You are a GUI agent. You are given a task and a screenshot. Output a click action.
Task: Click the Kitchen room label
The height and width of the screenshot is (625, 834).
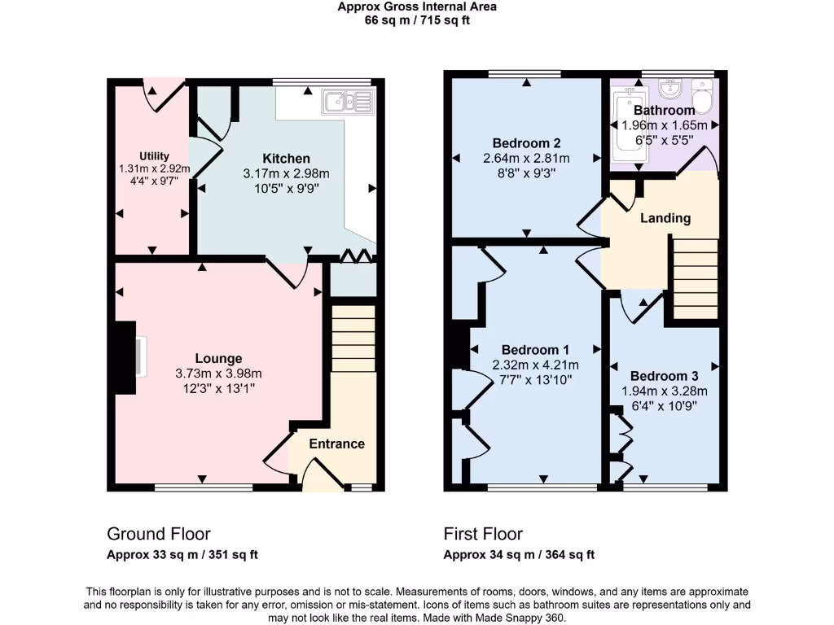point(286,158)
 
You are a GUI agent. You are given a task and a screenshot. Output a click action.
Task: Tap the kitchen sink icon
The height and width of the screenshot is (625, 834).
point(347,102)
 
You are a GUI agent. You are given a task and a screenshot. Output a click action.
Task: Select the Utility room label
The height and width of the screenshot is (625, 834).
point(154,156)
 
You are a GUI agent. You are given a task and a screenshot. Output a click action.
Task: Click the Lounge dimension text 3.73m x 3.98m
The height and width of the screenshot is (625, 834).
point(218,374)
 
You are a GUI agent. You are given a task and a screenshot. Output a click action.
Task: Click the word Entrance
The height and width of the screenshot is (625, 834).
point(336,444)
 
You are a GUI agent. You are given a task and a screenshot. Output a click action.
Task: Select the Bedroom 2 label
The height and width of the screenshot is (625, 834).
point(525,142)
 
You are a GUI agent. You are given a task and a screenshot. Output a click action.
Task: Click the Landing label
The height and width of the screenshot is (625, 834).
point(665,218)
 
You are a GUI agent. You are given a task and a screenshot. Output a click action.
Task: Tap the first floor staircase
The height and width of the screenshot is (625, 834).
point(695,277)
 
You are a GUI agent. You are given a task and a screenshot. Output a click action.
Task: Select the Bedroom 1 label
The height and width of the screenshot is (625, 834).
point(535,349)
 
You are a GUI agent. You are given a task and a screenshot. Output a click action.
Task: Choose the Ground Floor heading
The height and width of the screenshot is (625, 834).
point(159,534)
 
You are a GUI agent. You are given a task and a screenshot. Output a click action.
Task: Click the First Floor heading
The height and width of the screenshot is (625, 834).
point(483,534)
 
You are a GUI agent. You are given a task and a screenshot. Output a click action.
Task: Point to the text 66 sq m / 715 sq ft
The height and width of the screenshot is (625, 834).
point(417,20)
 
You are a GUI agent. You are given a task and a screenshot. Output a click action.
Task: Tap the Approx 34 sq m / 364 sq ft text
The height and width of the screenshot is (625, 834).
point(519,555)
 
